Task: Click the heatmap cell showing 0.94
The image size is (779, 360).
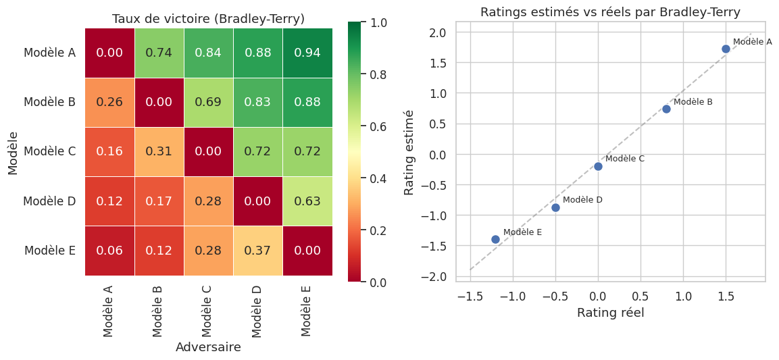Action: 307,53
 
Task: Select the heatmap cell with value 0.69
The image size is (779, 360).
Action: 208,102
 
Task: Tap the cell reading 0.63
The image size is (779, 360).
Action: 307,201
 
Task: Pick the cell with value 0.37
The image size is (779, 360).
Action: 258,251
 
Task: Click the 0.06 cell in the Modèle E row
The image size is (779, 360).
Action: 109,251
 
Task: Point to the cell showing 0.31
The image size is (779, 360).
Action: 159,151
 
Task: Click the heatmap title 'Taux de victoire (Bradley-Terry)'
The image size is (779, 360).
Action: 208,19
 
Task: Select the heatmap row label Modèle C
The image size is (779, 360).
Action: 49,151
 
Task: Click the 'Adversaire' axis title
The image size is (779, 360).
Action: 208,347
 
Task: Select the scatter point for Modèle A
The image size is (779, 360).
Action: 726,49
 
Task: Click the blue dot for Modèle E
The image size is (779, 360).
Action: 495,239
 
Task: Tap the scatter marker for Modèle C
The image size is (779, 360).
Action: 598,166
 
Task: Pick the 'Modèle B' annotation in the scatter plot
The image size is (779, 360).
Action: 693,102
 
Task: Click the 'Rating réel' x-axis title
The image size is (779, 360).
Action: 610,313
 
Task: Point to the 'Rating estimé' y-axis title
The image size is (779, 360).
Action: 409,153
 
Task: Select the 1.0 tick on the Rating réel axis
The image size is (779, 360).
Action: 683,296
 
